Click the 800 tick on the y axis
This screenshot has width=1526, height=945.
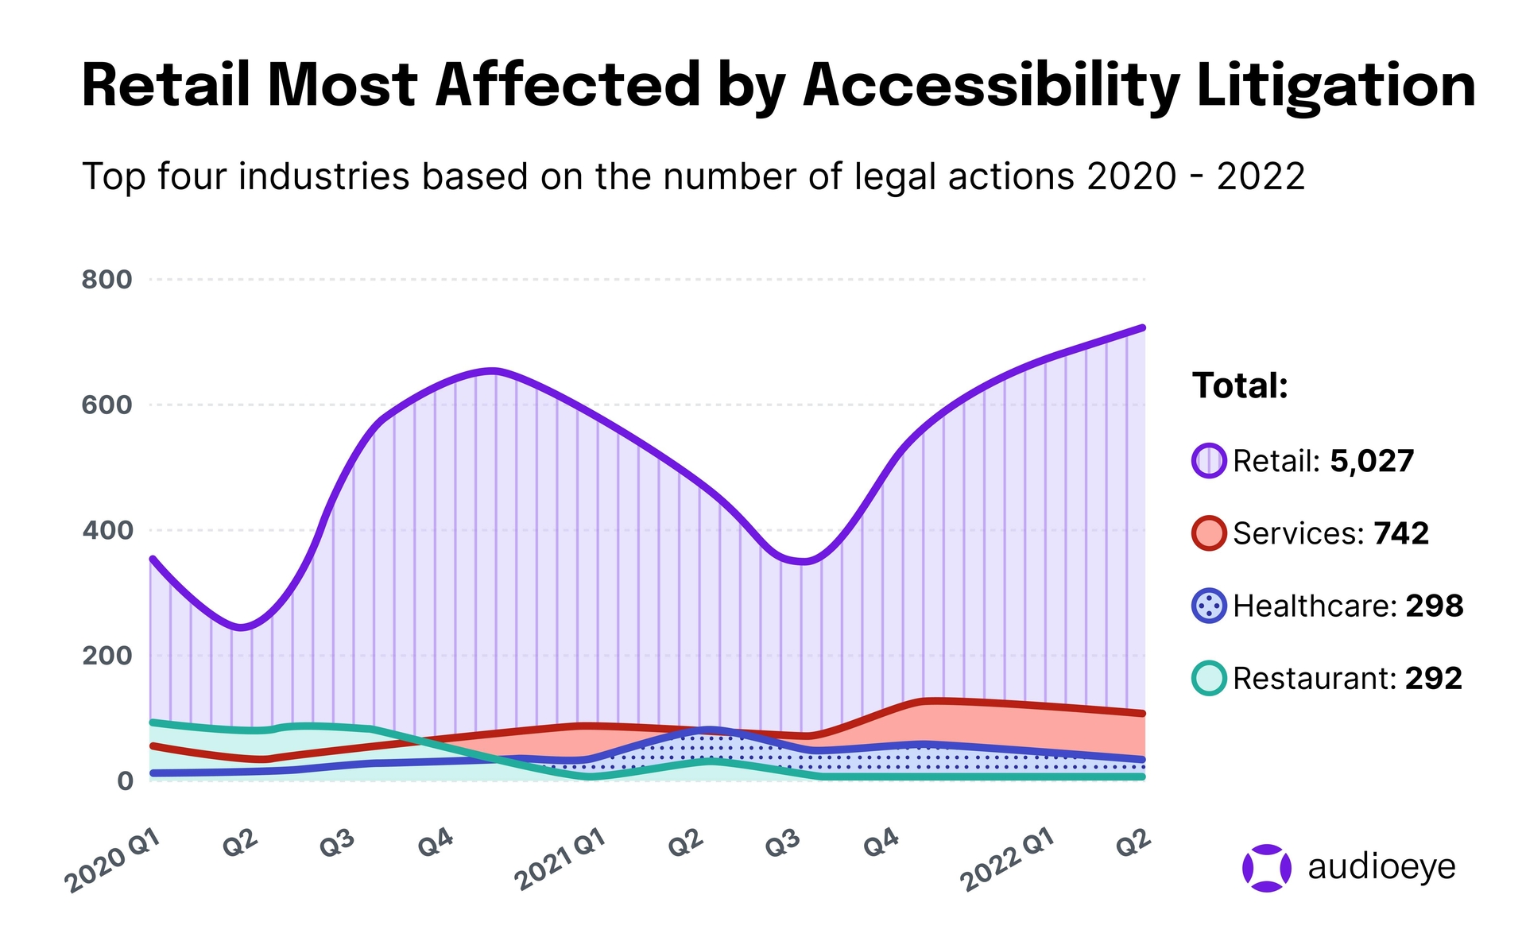(x=107, y=280)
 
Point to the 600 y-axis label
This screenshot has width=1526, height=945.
(x=107, y=405)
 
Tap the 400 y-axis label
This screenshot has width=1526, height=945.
(x=107, y=531)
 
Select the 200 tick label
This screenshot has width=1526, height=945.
(x=107, y=656)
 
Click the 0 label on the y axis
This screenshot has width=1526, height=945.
(x=125, y=781)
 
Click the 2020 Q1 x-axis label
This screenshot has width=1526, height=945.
(x=114, y=862)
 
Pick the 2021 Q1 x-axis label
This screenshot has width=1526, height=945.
(x=560, y=860)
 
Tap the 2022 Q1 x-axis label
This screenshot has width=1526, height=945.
(x=1007, y=860)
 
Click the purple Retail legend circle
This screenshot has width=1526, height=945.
(x=1209, y=461)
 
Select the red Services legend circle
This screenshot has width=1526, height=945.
(x=1209, y=533)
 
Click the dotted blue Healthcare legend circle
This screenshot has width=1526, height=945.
(x=1209, y=606)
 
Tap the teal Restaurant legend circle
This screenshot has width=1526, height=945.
(x=1209, y=679)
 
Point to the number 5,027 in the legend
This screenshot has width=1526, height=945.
(x=1372, y=461)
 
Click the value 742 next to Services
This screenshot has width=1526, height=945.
(x=1401, y=533)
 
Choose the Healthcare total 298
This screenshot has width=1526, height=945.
(x=1435, y=606)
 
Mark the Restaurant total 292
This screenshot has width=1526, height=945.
(x=1434, y=679)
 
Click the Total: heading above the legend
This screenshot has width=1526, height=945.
(x=1240, y=386)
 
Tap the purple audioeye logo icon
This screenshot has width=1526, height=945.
(x=1266, y=868)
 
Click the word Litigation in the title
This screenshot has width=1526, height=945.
(x=1335, y=86)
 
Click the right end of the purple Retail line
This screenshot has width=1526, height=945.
(x=1142, y=328)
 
